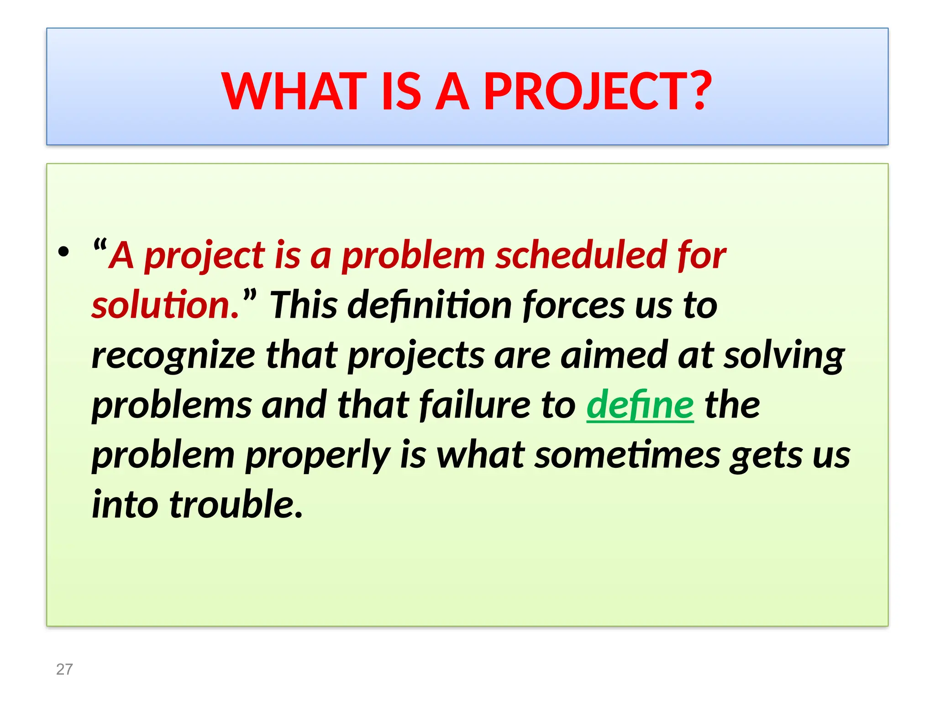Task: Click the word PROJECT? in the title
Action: tap(597, 92)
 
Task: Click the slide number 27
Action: tap(64, 669)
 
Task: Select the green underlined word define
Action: tap(640, 405)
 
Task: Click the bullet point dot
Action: tap(64, 252)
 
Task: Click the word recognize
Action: tap(173, 356)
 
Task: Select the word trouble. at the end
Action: tap(236, 504)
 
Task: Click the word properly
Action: tap(318, 456)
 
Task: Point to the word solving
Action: tap(784, 356)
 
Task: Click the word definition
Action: tap(430, 305)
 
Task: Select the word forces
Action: tap(573, 305)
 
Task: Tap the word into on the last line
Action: tap(125, 504)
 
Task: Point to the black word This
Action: tap(304, 305)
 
